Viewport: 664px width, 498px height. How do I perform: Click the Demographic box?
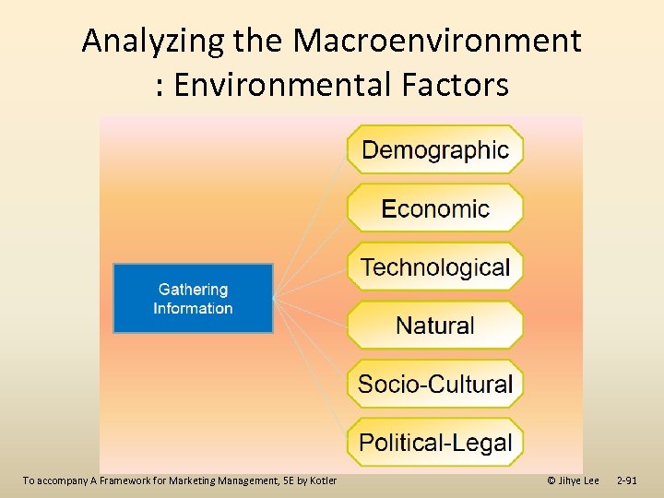pyautogui.click(x=434, y=149)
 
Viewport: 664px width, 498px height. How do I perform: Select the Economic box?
pyautogui.click(x=434, y=207)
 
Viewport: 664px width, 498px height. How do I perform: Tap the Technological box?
pyautogui.click(x=434, y=267)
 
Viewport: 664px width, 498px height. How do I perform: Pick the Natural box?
pyautogui.click(x=434, y=326)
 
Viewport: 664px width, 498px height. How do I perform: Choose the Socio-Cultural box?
pyautogui.click(x=434, y=384)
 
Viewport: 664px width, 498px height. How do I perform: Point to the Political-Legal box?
pyautogui.click(x=434, y=442)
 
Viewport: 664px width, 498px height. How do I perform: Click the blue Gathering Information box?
pyautogui.click(x=193, y=299)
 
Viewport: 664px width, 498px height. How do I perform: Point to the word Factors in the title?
pyautogui.click(x=457, y=85)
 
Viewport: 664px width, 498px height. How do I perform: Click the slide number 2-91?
pyautogui.click(x=626, y=480)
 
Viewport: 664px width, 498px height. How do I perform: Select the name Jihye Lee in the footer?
pyautogui.click(x=579, y=480)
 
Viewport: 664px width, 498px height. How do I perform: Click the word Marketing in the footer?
pyautogui.click(x=192, y=480)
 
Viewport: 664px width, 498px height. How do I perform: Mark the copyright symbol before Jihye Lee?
pyautogui.click(x=551, y=480)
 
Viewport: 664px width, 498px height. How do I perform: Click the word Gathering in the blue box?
pyautogui.click(x=193, y=290)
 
